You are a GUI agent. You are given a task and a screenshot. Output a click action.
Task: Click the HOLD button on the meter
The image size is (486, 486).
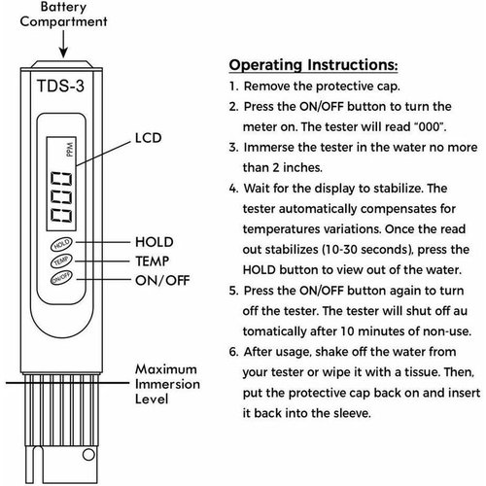click(x=61, y=244)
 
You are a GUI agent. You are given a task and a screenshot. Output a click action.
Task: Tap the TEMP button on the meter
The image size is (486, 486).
click(x=61, y=260)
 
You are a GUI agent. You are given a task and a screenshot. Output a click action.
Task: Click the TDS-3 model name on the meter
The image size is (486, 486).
click(x=60, y=87)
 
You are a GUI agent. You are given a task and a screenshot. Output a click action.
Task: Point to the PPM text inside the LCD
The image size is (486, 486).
click(x=70, y=150)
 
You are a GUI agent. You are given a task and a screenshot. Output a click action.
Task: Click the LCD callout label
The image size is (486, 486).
click(x=148, y=138)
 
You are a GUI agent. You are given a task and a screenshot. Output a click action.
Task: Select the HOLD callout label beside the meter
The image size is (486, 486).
click(x=155, y=242)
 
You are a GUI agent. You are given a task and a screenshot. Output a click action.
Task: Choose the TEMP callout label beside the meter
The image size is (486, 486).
click(x=153, y=261)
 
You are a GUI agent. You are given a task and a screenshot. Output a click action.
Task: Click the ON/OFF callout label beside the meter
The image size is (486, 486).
click(x=162, y=281)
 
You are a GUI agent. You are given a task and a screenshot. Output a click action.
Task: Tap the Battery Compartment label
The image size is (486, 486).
click(x=63, y=15)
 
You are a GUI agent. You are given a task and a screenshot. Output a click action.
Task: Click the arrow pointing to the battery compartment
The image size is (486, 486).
click(x=63, y=45)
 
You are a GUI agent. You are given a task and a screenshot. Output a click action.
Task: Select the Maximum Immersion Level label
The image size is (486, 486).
click(x=167, y=384)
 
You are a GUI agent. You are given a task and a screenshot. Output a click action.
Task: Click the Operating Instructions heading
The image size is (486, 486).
click(x=313, y=65)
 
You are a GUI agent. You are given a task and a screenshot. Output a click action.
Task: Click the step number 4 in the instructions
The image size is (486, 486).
click(x=233, y=189)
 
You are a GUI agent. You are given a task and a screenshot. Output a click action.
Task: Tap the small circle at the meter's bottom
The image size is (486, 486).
click(x=88, y=454)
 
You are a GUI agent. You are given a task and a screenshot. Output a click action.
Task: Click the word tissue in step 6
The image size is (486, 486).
click(x=421, y=372)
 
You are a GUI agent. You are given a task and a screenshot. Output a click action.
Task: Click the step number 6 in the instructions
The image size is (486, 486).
click(x=233, y=352)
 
